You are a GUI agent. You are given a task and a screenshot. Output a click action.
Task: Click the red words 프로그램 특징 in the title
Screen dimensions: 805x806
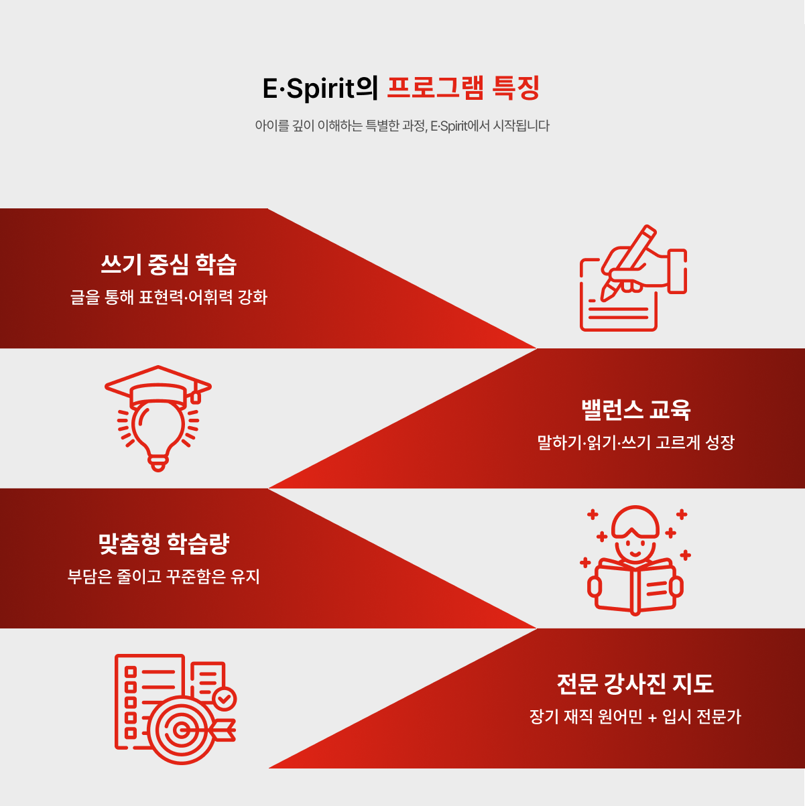463,89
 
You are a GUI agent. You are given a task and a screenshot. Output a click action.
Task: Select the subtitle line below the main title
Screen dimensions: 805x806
402,126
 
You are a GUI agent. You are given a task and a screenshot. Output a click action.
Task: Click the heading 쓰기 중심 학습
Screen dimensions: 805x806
168,265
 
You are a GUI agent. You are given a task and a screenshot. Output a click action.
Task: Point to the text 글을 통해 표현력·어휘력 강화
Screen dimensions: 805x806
168,297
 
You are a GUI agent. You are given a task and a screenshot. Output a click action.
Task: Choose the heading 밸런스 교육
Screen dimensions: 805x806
635,410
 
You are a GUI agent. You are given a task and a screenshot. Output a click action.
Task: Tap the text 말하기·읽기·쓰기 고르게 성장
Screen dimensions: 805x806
635,442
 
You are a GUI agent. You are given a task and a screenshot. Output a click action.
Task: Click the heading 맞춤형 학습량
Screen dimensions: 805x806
164,544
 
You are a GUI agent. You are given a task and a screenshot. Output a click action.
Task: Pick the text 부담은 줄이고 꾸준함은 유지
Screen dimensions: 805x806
164,576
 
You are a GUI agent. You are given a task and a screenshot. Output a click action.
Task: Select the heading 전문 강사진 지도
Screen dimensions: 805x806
635,684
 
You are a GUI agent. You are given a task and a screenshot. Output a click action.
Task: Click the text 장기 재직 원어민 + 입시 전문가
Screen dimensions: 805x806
635,717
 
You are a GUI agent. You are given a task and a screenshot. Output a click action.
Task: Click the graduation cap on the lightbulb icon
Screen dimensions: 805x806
158,387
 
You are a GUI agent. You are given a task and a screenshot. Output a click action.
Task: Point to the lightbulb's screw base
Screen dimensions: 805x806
158,462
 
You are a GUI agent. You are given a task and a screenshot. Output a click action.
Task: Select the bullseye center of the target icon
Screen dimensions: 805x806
179,729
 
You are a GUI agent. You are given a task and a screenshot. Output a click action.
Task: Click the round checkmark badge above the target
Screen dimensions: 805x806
224,698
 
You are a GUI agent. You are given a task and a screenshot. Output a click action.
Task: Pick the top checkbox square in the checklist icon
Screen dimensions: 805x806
131,671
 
